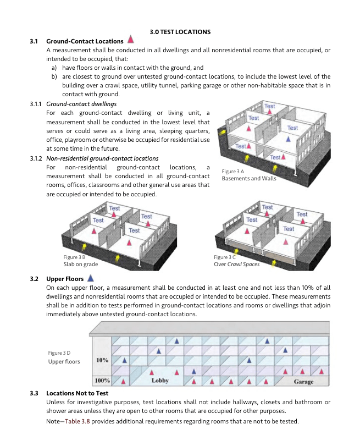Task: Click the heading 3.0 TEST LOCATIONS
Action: (180, 32)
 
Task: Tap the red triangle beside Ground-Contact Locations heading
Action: (131, 40)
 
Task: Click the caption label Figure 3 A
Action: (232, 172)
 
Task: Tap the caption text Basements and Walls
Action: (249, 179)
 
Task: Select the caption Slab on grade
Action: (81, 264)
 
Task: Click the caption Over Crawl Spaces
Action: (236, 264)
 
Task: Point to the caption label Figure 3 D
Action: (59, 353)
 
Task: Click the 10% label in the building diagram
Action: (102, 360)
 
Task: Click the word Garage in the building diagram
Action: (303, 381)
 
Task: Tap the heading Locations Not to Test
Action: (77, 393)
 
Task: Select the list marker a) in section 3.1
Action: (55, 68)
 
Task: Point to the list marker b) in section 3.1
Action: (55, 76)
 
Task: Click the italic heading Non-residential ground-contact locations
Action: (102, 158)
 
